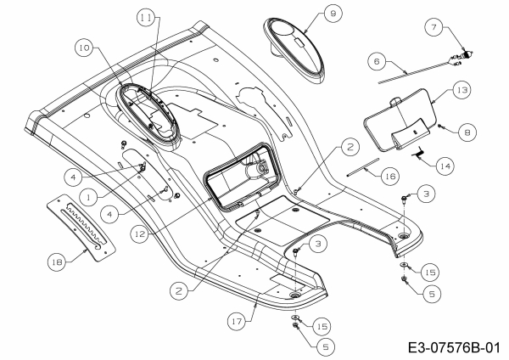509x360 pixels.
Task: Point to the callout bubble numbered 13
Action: (461, 89)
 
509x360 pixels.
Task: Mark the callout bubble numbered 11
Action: (148, 17)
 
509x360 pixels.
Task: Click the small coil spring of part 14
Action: (421, 151)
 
